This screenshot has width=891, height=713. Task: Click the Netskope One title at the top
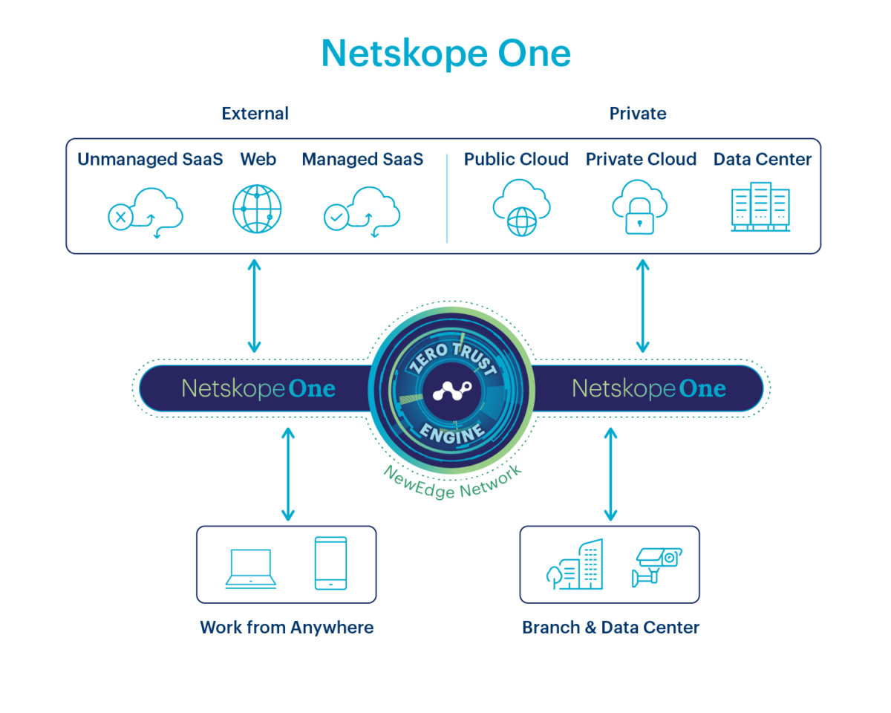[x=446, y=53]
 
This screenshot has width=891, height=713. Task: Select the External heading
[x=255, y=114]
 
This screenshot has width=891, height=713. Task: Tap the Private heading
[x=638, y=114]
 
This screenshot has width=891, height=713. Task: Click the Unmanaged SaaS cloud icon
[x=146, y=211]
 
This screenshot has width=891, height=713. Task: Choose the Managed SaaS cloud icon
[x=362, y=211]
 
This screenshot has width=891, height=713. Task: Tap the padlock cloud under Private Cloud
[x=639, y=208]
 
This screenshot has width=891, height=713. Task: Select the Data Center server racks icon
[x=760, y=207]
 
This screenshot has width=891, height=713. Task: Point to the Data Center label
[x=763, y=159]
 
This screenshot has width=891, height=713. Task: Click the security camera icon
[x=656, y=566]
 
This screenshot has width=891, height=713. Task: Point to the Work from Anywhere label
[x=287, y=628]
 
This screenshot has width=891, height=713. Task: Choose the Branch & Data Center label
[x=610, y=628]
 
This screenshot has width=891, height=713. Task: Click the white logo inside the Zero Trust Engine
[x=451, y=391]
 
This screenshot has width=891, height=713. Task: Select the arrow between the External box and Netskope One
[x=255, y=306]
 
